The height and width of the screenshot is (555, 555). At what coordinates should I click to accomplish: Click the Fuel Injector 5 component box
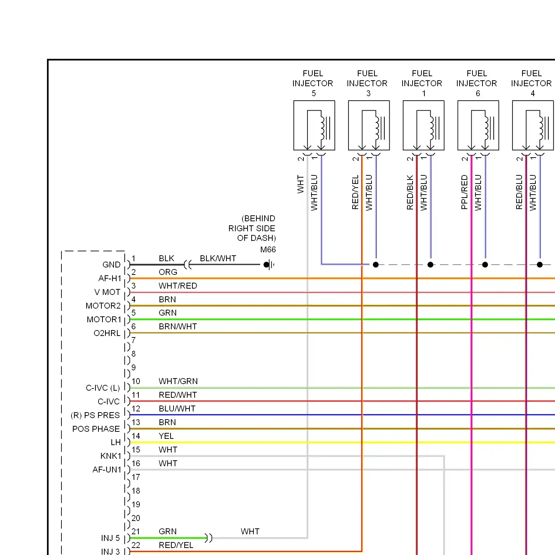pos(314,125)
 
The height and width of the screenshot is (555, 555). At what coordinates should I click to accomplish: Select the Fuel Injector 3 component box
pos(369,125)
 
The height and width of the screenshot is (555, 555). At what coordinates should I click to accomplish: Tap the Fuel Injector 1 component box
pos(424,125)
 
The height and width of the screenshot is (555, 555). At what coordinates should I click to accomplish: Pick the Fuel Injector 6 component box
pos(478,125)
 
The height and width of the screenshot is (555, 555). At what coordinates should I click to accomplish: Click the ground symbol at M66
pos(269,265)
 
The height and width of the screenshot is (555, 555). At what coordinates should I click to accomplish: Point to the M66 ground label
pos(268,250)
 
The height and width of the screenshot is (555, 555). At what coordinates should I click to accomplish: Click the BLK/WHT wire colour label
pos(218,258)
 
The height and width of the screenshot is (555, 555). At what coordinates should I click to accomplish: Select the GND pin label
pos(111,265)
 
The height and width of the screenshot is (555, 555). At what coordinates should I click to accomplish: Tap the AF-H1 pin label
pos(110,278)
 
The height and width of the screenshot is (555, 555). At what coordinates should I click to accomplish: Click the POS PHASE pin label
pos(96,429)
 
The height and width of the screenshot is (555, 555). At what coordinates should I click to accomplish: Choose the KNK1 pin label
pos(111,456)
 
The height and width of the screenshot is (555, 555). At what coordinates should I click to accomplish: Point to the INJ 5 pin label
pos(110,538)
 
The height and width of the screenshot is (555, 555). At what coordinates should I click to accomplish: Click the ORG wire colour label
pos(168,272)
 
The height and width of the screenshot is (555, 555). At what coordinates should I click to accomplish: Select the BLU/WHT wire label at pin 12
pos(177,408)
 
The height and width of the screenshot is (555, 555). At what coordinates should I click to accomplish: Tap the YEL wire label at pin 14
pos(166,436)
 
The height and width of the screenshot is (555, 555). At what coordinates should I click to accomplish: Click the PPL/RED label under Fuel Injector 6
pos(464,192)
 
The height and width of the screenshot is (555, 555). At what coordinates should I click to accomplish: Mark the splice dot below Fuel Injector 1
pos(430,265)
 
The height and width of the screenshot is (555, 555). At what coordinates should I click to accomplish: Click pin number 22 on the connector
pos(136,545)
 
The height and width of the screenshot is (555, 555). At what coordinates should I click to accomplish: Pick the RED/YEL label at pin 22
pos(176,545)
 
